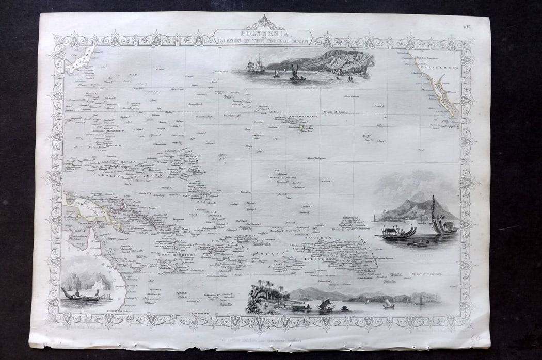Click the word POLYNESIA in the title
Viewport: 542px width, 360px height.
point(264,32)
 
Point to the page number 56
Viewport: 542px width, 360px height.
point(466,21)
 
